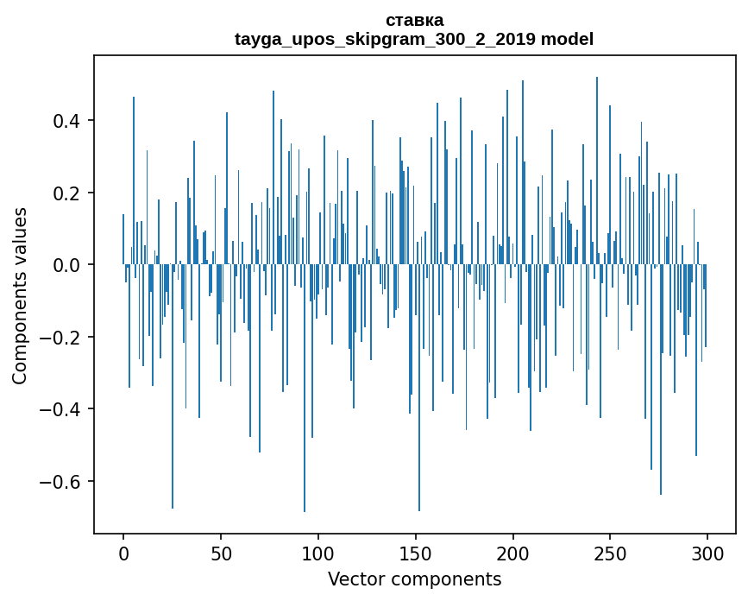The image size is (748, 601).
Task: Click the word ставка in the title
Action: (x=414, y=20)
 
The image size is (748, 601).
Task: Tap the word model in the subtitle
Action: (x=567, y=39)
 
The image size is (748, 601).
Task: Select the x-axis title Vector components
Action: (x=414, y=579)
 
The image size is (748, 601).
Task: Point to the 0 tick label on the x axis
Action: (x=123, y=552)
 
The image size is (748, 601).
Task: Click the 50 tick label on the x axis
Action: (x=221, y=552)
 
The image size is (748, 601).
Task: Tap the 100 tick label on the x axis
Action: (x=318, y=552)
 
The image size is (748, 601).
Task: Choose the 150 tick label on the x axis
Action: (x=416, y=552)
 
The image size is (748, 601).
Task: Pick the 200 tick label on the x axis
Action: (x=513, y=552)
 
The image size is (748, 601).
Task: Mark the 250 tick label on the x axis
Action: (x=611, y=552)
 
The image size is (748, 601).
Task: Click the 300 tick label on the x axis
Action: (x=708, y=552)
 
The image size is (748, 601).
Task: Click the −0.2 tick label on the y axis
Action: (x=63, y=338)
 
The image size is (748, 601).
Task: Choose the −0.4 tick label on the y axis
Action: (x=63, y=409)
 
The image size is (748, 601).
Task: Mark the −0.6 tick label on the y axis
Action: (x=63, y=482)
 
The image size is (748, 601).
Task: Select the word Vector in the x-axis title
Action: (x=354, y=579)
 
